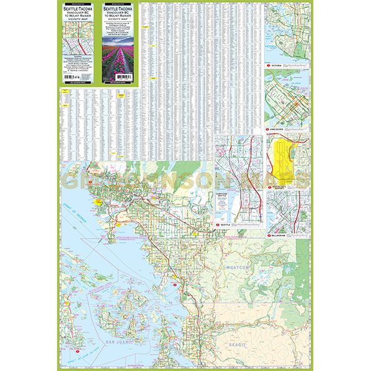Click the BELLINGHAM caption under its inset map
[280, 236]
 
